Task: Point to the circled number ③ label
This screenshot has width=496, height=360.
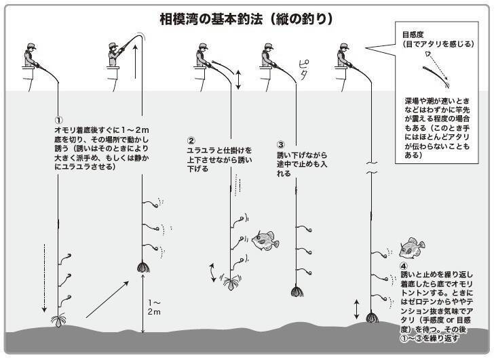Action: [x=281, y=144]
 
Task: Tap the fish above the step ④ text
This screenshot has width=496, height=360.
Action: [x=411, y=248]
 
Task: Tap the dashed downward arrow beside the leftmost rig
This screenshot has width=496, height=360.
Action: [x=45, y=277]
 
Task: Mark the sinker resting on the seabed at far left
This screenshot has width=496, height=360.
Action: [x=58, y=318]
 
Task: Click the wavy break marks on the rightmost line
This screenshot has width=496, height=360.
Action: [x=370, y=168]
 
